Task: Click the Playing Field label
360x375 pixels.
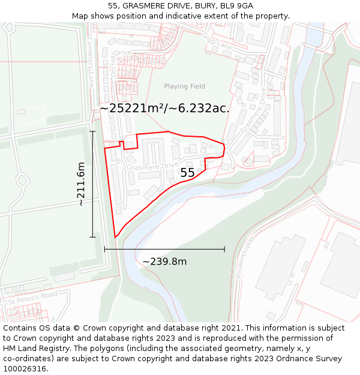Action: coord(184,86)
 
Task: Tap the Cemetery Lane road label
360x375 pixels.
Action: coord(90,62)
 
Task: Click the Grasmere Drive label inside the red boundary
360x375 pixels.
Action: coord(152,166)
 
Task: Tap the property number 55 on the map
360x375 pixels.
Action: coord(187,173)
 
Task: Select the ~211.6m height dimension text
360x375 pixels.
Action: coord(81,184)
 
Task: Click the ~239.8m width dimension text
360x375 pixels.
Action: coord(164,262)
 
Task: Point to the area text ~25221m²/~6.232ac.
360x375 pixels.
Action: coord(164,108)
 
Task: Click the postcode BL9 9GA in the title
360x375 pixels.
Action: coord(237,5)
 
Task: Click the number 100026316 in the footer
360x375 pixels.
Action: coord(24,369)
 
